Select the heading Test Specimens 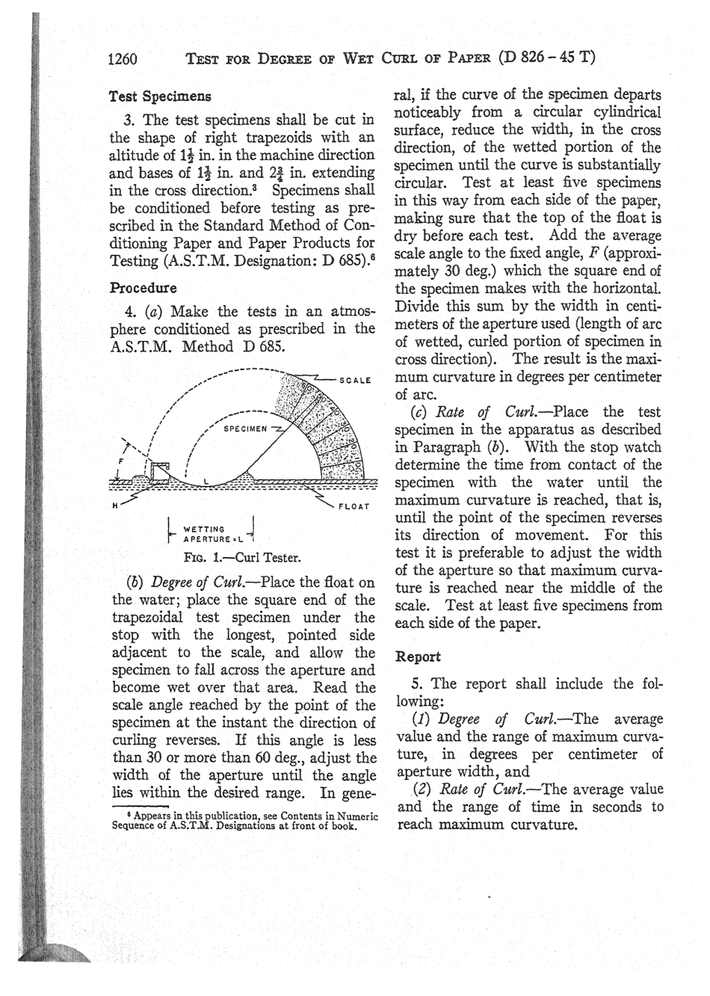(x=159, y=96)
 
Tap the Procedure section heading (x=143, y=287)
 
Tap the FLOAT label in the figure (x=355, y=505)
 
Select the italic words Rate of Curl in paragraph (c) (x=482, y=412)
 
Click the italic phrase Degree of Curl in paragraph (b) (x=194, y=582)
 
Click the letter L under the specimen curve (x=206, y=481)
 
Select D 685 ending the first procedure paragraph (x=259, y=346)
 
